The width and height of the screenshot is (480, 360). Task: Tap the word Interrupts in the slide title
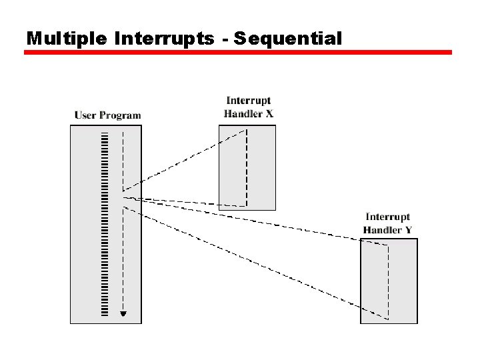click(164, 39)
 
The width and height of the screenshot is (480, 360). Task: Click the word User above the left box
click(85, 115)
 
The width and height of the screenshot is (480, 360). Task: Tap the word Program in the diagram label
click(120, 116)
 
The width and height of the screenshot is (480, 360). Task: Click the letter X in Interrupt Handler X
click(269, 114)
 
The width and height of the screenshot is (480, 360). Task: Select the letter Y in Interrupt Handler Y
click(407, 230)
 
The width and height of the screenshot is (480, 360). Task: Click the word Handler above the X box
click(242, 114)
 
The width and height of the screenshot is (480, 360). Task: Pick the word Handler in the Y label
click(382, 230)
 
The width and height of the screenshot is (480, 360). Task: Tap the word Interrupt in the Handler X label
click(248, 101)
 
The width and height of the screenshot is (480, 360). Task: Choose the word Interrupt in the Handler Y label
click(387, 217)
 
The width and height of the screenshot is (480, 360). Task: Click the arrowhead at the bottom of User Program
click(123, 314)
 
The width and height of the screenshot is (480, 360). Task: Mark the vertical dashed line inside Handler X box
click(247, 167)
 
